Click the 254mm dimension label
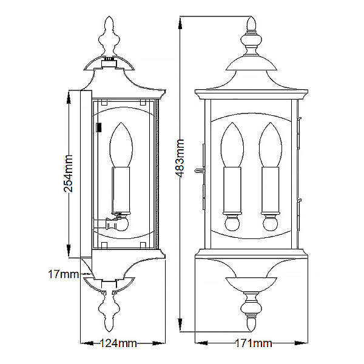pyautogui.click(x=68, y=174)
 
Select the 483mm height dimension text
pyautogui.click(x=180, y=158)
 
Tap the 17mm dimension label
pyautogui.click(x=63, y=274)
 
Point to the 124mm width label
pyautogui.click(x=118, y=343)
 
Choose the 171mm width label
pyautogui.click(x=254, y=343)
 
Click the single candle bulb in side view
pyautogui.click(x=121, y=144)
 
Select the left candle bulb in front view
pyautogui.click(x=232, y=144)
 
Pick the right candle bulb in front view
pyautogui.click(x=271, y=144)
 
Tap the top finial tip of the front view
pyautogui.click(x=251, y=16)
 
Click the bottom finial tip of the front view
pyautogui.click(x=251, y=331)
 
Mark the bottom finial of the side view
pyautogui.click(x=109, y=311)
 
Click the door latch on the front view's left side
pyautogui.click(x=200, y=170)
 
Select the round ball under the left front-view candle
pyautogui.click(x=232, y=223)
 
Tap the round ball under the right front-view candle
pyautogui.click(x=271, y=223)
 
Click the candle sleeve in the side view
pyautogui.click(x=121, y=190)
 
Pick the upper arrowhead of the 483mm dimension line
pyautogui.click(x=180, y=24)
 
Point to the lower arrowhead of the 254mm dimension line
pyautogui.click(x=69, y=250)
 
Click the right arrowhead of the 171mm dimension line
pyautogui.click(x=300, y=343)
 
